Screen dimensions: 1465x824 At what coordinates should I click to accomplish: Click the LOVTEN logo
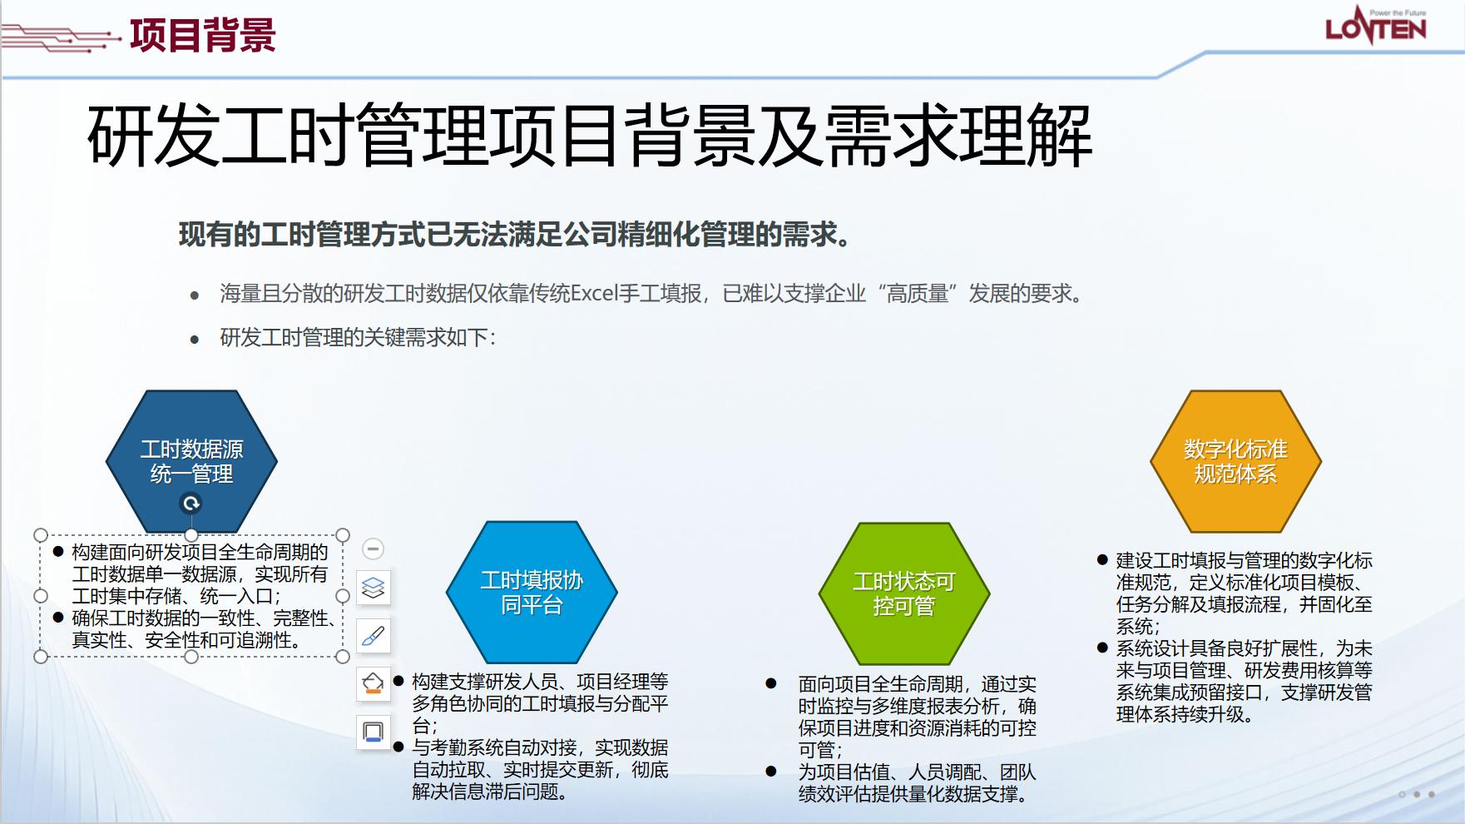point(1375,26)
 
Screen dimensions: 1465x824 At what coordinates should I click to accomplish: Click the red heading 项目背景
point(203,35)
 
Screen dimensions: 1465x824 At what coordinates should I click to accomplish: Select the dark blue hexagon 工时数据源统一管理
point(191,461)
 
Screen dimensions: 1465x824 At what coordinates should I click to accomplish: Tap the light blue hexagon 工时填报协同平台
point(532,592)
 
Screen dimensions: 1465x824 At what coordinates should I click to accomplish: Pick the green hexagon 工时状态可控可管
point(904,593)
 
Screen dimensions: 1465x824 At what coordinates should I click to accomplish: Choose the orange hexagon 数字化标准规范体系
point(1235,461)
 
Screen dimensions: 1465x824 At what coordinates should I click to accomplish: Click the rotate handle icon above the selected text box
point(191,504)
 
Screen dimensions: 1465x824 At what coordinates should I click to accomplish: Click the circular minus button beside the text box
point(374,549)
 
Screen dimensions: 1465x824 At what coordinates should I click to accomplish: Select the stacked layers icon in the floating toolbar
point(374,588)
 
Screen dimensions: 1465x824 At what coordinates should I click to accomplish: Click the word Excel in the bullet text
point(594,294)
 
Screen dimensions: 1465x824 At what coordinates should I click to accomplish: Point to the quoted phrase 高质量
point(917,294)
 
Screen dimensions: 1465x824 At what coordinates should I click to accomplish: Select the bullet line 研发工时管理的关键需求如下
point(358,338)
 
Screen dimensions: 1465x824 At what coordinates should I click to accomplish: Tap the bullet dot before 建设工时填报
point(1102,560)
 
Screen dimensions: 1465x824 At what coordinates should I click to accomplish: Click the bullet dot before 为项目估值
point(771,772)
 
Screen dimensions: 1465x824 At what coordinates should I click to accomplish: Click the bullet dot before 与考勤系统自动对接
point(398,747)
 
